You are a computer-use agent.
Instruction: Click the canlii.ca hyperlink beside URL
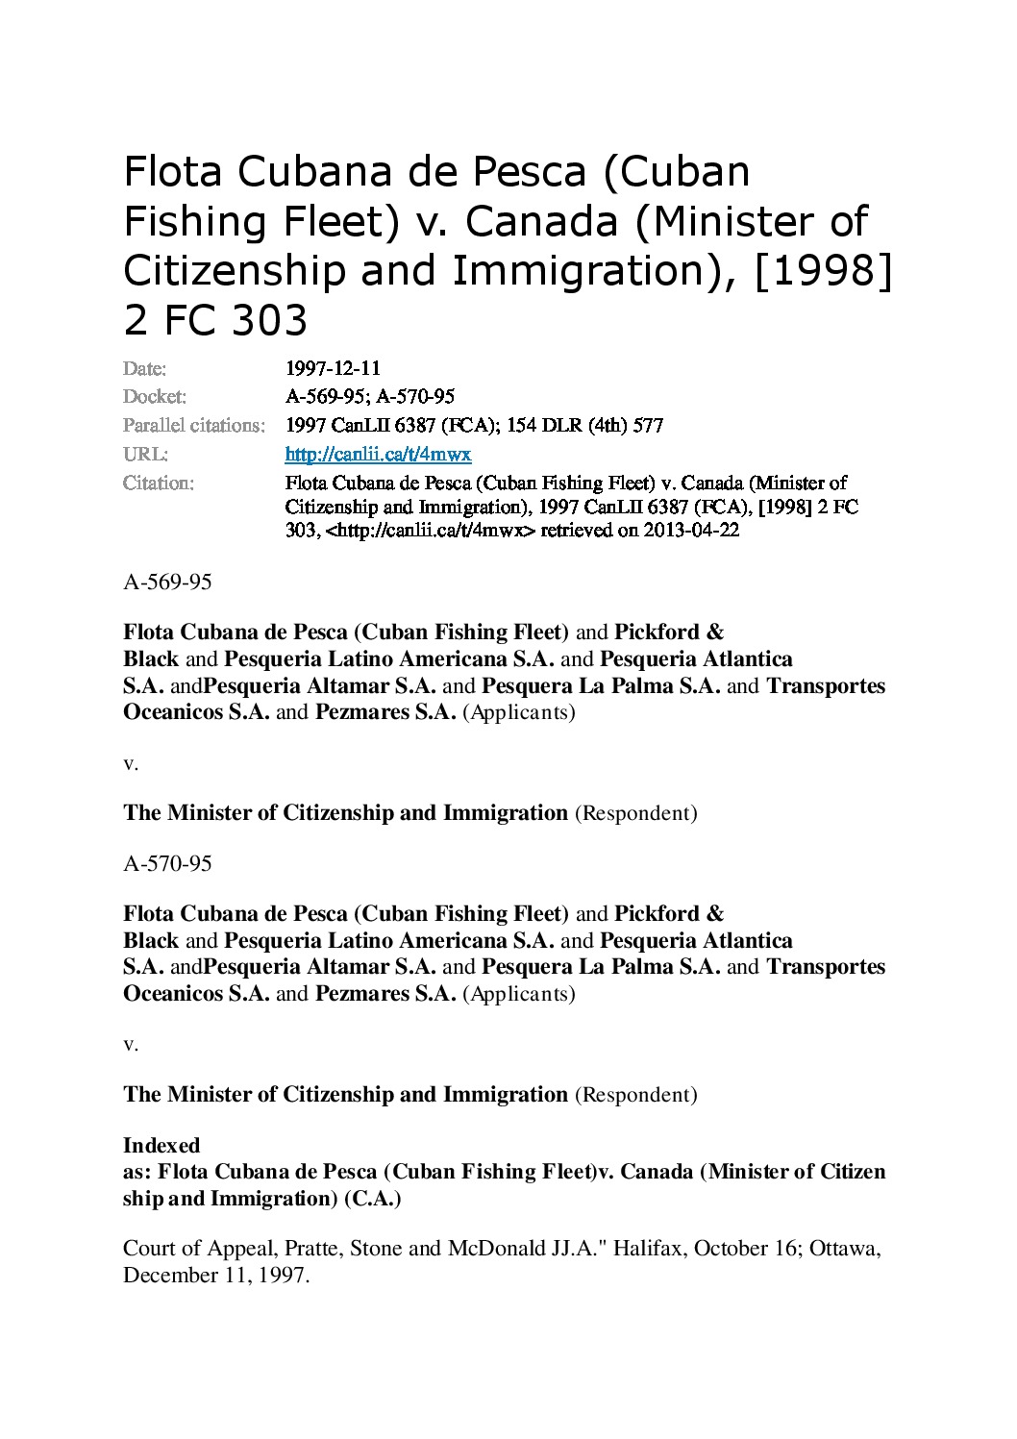[x=378, y=454]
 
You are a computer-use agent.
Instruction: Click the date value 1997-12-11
[x=333, y=368]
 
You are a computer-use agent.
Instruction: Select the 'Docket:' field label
[x=155, y=397]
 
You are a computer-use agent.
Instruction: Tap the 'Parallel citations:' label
[x=194, y=425]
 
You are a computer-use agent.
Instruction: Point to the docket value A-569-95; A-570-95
[x=370, y=397]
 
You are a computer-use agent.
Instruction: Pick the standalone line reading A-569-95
[x=167, y=583]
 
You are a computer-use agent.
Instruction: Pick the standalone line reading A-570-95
[x=167, y=863]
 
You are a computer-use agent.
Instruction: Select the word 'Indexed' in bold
[x=161, y=1145]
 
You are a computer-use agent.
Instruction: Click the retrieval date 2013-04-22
[x=691, y=531]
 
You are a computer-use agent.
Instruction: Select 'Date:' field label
[x=145, y=368]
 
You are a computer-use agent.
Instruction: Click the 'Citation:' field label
[x=159, y=483]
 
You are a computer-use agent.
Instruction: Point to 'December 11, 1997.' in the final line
[x=216, y=1276]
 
